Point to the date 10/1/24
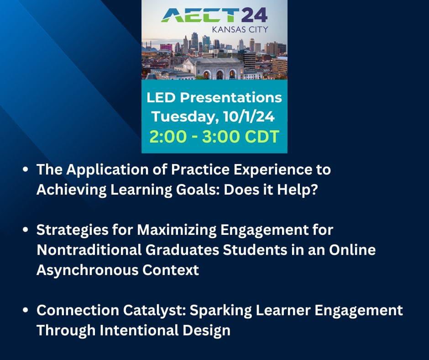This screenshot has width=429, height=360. (x=249, y=116)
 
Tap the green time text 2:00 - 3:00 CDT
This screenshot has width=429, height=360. (x=214, y=137)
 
